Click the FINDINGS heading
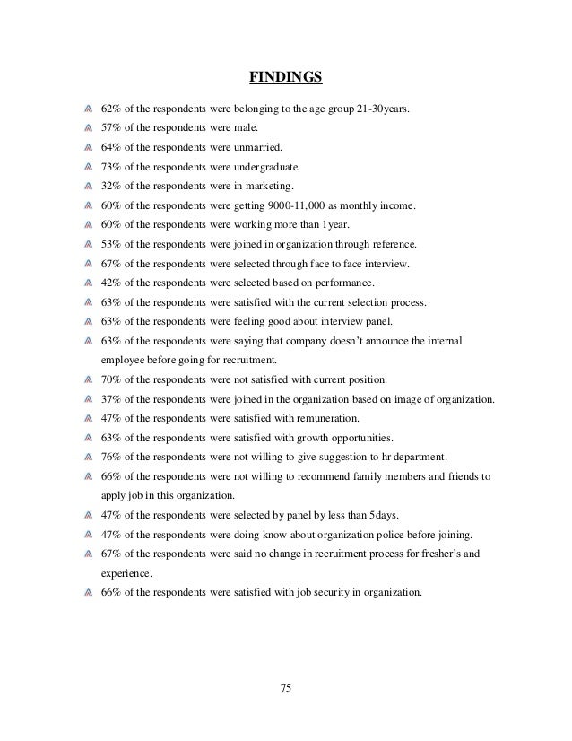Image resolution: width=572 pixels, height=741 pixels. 285,78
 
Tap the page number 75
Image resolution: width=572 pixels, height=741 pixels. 286,689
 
